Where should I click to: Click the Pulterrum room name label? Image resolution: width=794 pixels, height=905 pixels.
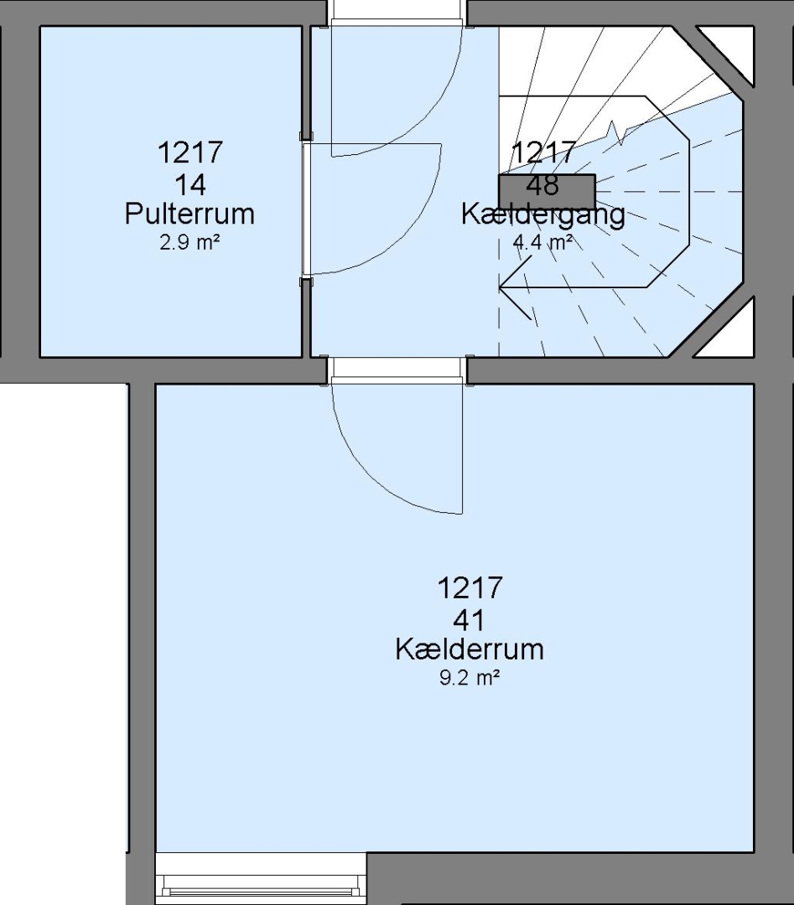[x=189, y=215]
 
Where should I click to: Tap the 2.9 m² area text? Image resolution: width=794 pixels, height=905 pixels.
[x=189, y=242]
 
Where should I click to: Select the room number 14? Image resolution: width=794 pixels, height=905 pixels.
[x=190, y=185]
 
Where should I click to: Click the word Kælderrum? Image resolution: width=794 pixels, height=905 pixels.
[x=470, y=649]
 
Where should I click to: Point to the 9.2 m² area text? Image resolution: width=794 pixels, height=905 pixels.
[x=470, y=677]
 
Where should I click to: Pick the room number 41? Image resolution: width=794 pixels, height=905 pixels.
[x=470, y=620]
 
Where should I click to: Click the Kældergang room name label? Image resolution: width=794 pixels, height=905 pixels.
[x=542, y=215]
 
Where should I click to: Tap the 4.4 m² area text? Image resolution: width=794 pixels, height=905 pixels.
[x=542, y=242]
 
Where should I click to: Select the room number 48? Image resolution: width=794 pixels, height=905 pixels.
[x=542, y=185]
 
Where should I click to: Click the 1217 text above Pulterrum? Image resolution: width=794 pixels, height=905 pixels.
[x=190, y=153]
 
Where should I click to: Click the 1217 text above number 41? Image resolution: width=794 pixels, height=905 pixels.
[x=470, y=588]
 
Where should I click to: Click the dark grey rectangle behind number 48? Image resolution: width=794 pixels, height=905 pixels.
[x=547, y=191]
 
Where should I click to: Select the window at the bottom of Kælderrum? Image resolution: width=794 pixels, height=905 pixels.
[x=261, y=878]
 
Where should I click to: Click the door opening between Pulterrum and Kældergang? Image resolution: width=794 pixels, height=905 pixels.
[x=307, y=209]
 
